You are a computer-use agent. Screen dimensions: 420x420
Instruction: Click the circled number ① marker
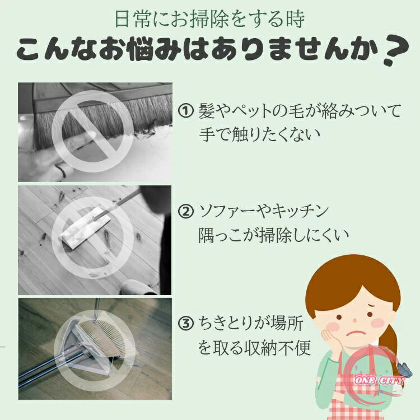click(185, 111)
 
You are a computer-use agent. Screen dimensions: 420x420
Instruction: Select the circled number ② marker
click(185, 211)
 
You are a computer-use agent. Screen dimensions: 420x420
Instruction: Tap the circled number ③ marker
click(185, 323)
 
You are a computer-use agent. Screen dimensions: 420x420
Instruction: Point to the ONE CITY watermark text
click(379, 380)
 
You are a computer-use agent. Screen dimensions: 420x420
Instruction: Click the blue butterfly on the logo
click(405, 369)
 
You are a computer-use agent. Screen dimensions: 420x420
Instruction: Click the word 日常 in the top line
click(133, 19)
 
